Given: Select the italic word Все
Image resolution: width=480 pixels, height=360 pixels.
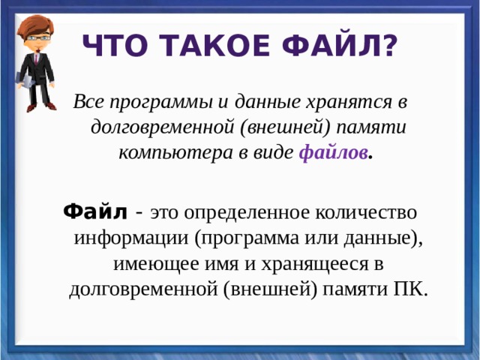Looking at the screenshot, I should click(88, 101).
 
